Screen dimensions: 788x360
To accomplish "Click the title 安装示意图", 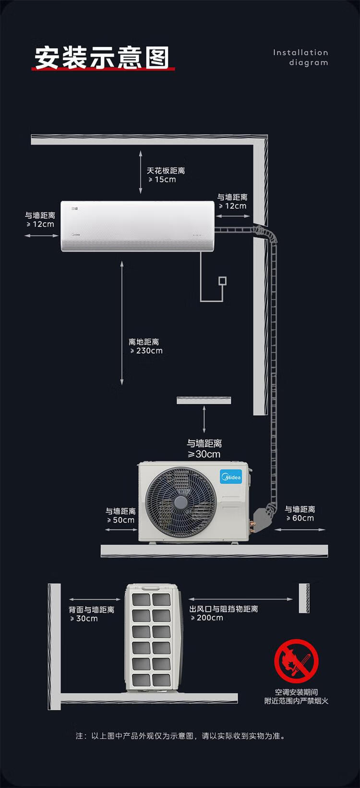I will pyautogui.click(x=102, y=58).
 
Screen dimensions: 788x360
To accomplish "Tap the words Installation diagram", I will pyautogui.click(x=300, y=58).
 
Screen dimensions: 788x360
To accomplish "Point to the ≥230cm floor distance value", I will pyautogui.click(x=146, y=351).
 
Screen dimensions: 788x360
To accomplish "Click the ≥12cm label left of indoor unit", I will pyautogui.click(x=40, y=224).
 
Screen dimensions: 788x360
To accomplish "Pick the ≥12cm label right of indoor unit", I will pyautogui.click(x=232, y=206).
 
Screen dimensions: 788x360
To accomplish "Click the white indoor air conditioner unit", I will pyautogui.click(x=137, y=226).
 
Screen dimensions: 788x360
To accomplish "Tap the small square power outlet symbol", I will pyautogui.click(x=222, y=281).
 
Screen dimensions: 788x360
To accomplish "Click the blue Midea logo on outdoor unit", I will pyautogui.click(x=231, y=477).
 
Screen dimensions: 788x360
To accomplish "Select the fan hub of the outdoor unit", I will pyautogui.click(x=180, y=502).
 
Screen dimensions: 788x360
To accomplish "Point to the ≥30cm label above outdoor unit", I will pyautogui.click(x=204, y=454).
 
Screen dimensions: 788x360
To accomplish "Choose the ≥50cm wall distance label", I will pyautogui.click(x=120, y=520).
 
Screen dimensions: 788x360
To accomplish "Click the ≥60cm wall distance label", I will pyautogui.click(x=300, y=518).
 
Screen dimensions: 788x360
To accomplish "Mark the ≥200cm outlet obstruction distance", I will pyautogui.click(x=207, y=618).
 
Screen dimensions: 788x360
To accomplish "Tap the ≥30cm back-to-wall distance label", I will pyautogui.click(x=84, y=619).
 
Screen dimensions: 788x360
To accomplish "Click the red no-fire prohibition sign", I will pyautogui.click(x=296, y=661).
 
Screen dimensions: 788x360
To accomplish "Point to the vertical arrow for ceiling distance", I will pyautogui.click(x=141, y=172).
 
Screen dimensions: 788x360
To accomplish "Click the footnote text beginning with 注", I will pyautogui.click(x=180, y=736).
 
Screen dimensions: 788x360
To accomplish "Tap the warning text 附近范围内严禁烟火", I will pyautogui.click(x=296, y=701).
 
